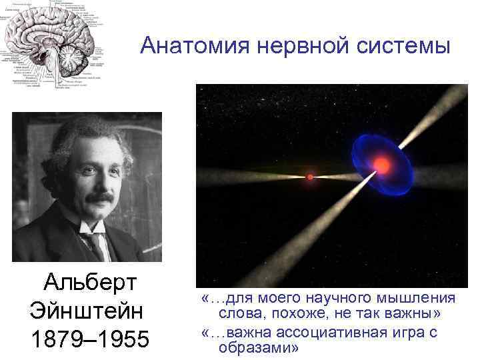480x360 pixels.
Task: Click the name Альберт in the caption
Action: point(89,283)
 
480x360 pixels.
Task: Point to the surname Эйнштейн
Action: point(84,311)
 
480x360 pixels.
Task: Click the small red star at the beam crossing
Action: point(310,177)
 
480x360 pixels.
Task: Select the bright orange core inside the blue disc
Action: point(381,163)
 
